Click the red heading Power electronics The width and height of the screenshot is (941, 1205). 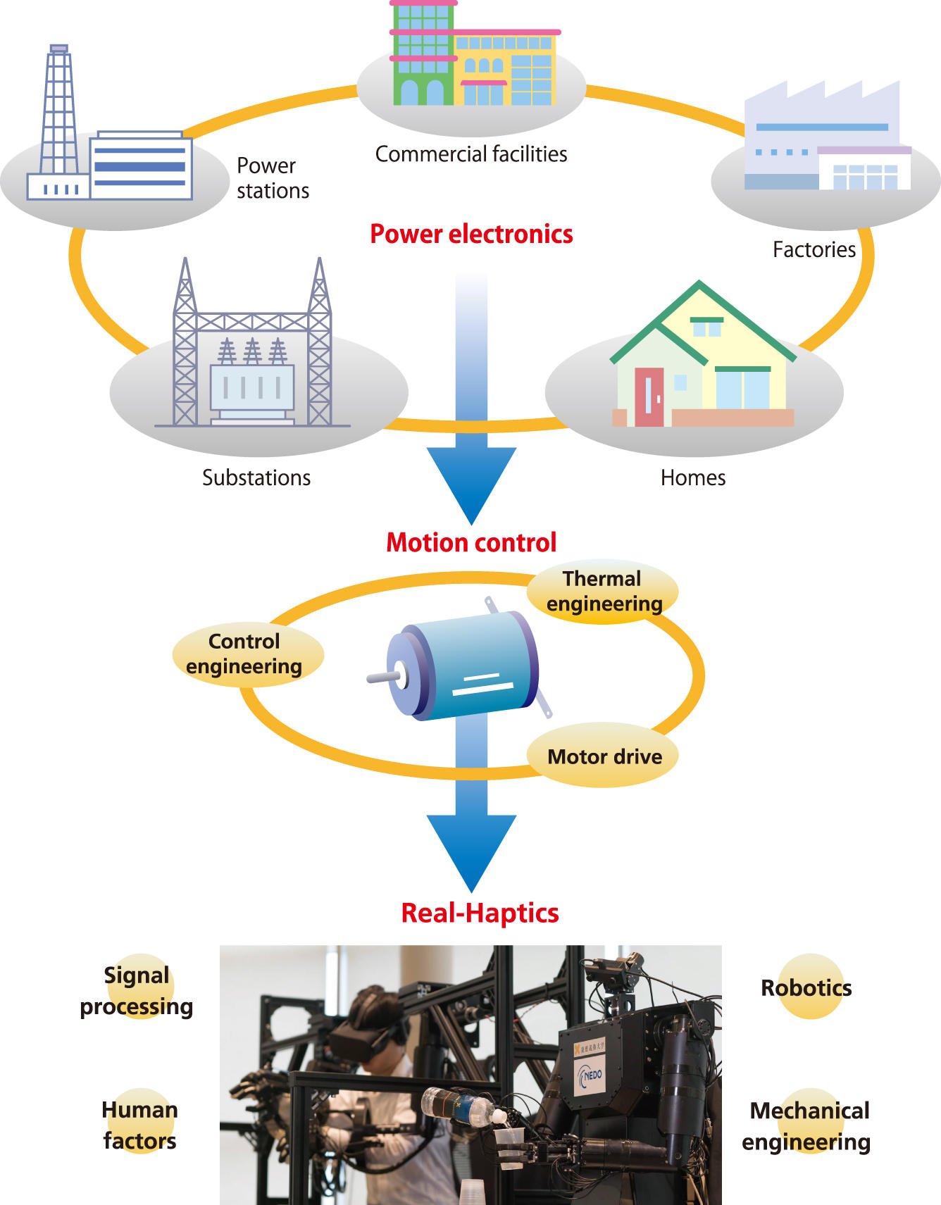(471, 234)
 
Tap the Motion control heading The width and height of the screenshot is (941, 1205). (471, 542)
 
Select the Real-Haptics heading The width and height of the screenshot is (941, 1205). (480, 913)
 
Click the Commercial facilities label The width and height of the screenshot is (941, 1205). (470, 154)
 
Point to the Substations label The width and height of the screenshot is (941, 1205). (256, 477)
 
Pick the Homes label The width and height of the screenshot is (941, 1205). (693, 477)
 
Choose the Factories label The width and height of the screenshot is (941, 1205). (814, 249)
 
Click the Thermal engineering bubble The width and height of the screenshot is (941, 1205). (603, 592)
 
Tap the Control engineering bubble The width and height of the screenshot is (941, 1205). (245, 654)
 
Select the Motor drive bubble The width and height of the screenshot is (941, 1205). (604, 756)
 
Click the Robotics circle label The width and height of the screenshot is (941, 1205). (806, 987)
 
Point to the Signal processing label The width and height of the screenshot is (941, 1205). (137, 991)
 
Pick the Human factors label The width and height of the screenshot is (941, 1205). (139, 1125)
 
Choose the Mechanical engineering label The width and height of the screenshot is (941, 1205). (807, 1125)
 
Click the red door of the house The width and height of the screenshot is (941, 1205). (649, 397)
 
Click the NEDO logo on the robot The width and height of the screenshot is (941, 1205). (590, 1077)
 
